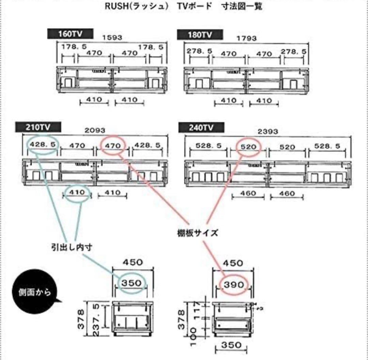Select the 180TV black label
(200, 34)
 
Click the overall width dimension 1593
(112, 38)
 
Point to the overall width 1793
(247, 39)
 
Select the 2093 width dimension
(96, 130)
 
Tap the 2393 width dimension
(268, 131)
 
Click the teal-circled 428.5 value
(43, 145)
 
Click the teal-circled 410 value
(77, 192)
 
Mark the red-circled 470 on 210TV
(113, 146)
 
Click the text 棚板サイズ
(197, 233)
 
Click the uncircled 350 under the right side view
(231, 345)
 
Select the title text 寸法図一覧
(242, 6)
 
